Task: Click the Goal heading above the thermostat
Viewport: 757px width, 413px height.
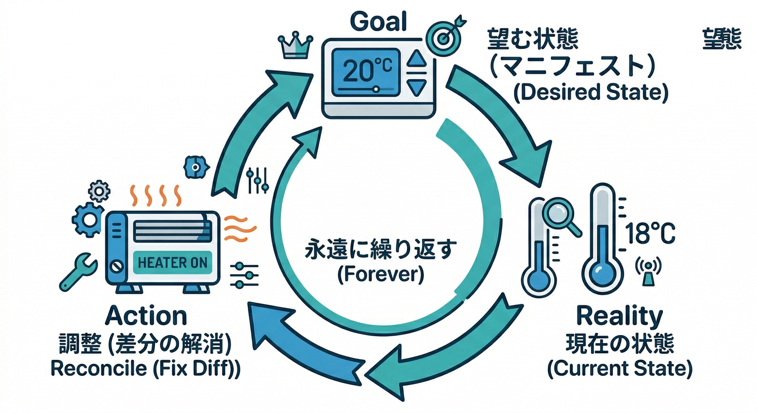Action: (378, 22)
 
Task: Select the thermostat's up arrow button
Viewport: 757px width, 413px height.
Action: (416, 59)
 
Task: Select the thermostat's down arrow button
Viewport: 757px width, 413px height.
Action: (416, 86)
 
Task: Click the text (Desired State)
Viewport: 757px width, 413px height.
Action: (590, 92)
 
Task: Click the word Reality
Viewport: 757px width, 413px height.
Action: (619, 317)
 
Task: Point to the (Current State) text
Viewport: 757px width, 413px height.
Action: (619, 368)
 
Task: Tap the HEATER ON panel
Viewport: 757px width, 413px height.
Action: (172, 262)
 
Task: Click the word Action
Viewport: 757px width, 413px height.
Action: (146, 316)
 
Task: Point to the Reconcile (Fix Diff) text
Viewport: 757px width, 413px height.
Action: (145, 368)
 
